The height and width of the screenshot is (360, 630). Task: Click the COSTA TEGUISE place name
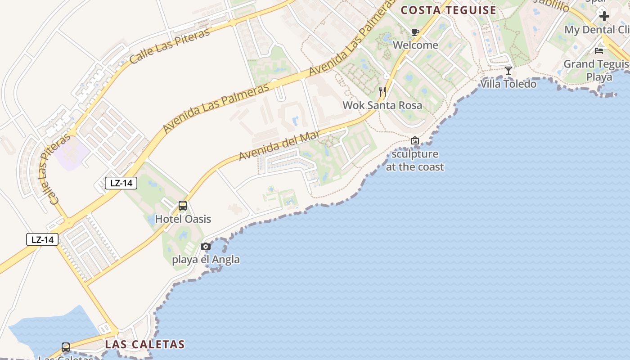click(448, 10)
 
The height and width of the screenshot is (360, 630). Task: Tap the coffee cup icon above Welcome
click(415, 32)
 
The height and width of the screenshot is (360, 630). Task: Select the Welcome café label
click(415, 45)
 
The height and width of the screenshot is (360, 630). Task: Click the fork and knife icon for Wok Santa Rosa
click(382, 92)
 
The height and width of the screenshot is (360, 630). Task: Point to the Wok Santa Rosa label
click(382, 105)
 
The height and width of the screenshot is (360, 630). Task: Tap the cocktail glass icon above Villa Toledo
click(508, 71)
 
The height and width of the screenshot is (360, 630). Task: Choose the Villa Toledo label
click(508, 84)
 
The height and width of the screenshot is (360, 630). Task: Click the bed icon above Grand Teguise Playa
click(599, 50)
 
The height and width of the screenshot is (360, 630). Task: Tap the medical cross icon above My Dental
click(604, 16)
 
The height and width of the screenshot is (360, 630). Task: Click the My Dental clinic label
click(597, 30)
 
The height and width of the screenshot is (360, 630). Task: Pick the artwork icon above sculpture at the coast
click(415, 141)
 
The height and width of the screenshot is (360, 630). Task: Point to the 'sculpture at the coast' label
click(415, 160)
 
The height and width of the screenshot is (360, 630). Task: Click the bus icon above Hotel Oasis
click(183, 206)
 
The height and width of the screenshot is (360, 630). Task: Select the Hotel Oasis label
click(183, 219)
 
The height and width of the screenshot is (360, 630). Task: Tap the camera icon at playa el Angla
click(206, 246)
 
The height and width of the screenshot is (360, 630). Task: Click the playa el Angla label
click(206, 260)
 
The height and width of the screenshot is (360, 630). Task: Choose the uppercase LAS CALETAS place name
click(145, 345)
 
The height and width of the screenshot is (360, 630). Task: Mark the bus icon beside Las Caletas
click(66, 347)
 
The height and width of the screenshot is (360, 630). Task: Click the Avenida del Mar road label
click(279, 145)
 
